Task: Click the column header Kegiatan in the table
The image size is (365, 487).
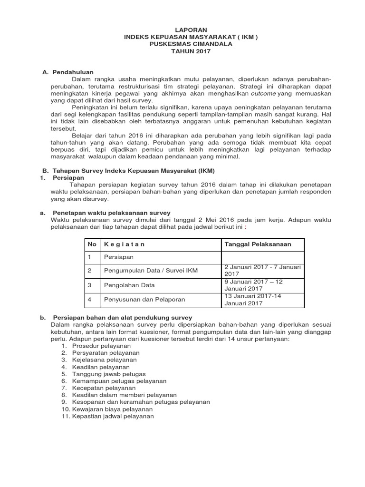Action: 124,244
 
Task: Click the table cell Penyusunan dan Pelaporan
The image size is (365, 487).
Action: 144,300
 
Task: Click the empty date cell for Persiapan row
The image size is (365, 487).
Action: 262,257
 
